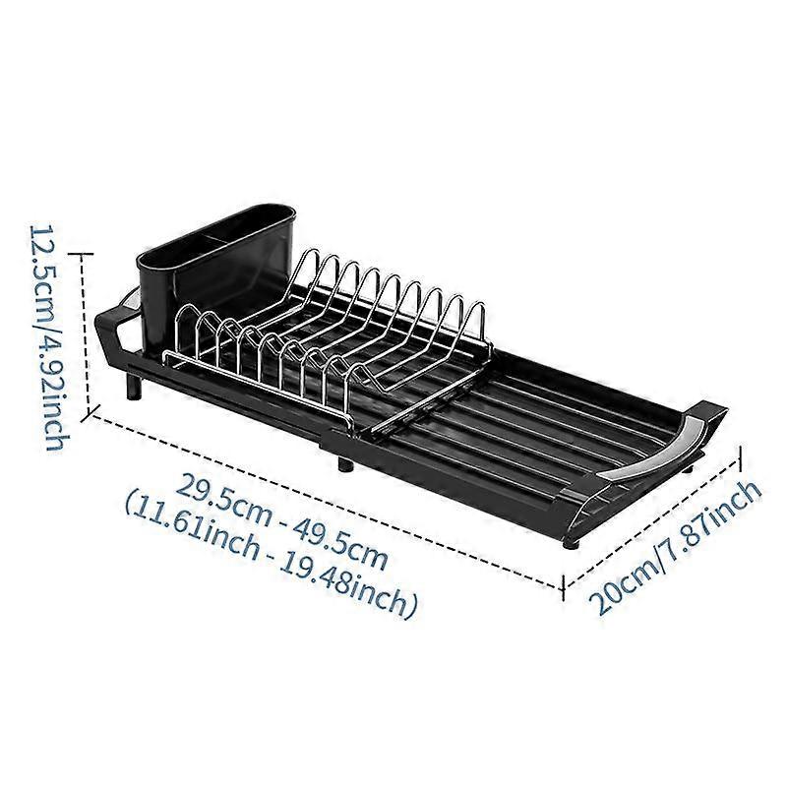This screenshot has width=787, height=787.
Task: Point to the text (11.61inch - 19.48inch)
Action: pos(271,557)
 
